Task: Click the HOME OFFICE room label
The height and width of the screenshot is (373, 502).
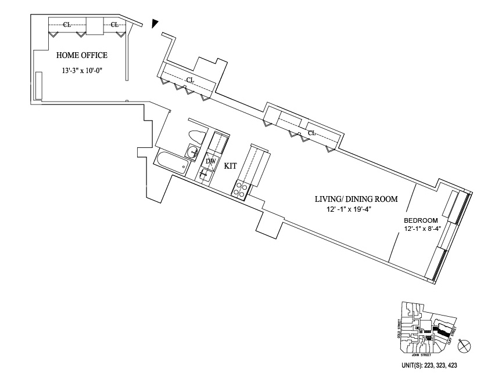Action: click(82, 56)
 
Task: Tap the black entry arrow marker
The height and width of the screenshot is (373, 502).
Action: click(154, 23)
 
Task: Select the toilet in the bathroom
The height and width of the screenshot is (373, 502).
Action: click(196, 138)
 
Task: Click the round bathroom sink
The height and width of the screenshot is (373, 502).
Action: click(192, 153)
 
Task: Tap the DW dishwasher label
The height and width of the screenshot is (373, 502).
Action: click(211, 161)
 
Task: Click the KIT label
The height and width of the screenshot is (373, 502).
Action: click(231, 166)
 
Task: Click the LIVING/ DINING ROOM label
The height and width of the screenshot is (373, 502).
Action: click(356, 199)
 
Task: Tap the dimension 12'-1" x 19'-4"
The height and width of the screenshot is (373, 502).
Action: click(349, 209)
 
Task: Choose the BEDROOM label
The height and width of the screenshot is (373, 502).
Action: click(421, 220)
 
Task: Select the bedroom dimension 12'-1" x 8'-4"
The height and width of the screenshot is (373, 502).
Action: click(424, 229)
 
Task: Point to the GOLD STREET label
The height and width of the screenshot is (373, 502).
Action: click(399, 328)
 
